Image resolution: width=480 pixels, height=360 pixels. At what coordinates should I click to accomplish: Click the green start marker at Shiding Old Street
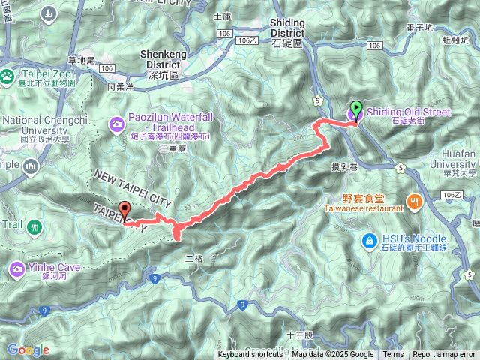click(356, 109)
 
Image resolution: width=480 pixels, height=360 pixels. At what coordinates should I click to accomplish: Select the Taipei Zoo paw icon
click(7, 75)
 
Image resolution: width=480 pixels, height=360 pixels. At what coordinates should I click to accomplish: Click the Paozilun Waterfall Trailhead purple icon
click(117, 124)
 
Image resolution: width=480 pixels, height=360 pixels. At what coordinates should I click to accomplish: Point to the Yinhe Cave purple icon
click(18, 268)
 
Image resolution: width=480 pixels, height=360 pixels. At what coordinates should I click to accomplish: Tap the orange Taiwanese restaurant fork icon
click(413, 200)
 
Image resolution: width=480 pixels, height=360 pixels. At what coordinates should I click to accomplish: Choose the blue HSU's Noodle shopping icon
click(369, 240)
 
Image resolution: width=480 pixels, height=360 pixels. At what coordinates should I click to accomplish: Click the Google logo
click(28, 349)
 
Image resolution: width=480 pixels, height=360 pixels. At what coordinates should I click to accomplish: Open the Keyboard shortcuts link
click(250, 355)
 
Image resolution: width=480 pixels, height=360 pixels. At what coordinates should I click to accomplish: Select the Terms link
click(393, 355)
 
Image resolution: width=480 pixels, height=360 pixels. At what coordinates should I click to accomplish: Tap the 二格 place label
click(194, 259)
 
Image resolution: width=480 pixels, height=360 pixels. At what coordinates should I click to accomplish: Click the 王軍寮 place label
click(172, 149)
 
